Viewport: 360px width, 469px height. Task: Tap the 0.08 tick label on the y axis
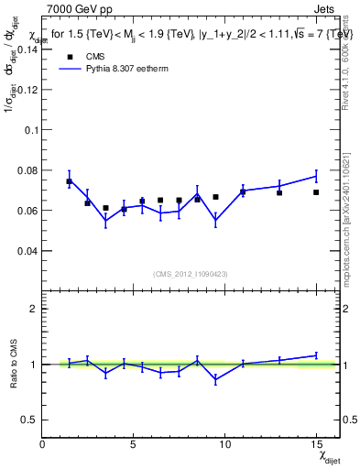27,170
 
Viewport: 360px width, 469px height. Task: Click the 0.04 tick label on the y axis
27,250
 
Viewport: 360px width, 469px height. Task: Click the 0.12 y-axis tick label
27,90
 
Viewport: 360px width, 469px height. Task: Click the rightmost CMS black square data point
316,192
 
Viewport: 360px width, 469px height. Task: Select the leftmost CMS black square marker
69,181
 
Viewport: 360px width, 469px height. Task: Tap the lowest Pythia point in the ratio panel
215,379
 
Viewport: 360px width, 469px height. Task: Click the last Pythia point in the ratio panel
316,355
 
